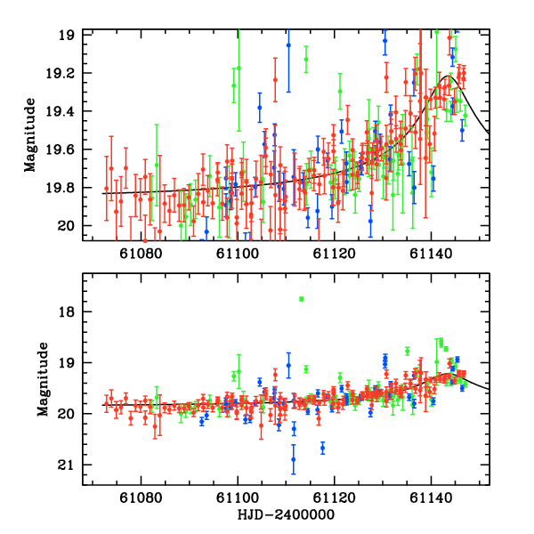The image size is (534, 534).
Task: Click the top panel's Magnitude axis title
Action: [x=30, y=134]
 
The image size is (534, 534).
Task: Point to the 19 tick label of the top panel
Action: [x=67, y=35]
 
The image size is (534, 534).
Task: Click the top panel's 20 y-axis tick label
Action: [x=67, y=226]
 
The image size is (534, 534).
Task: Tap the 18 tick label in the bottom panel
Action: [x=67, y=311]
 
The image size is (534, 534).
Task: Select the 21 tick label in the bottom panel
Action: [x=67, y=465]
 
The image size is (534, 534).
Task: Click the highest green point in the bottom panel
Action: [x=302, y=299]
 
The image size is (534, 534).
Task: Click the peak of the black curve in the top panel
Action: [x=450, y=77]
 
